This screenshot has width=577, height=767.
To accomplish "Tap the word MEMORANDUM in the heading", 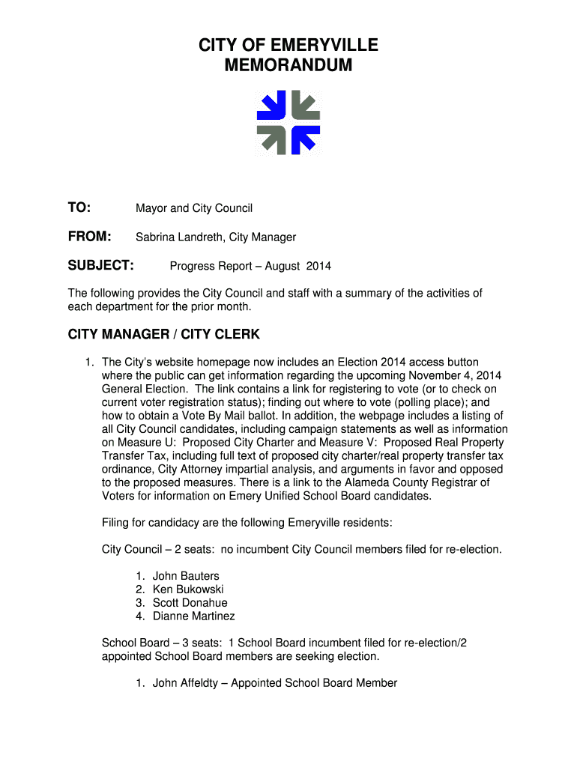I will (288, 66).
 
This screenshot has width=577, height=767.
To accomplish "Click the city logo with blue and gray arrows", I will (288, 123).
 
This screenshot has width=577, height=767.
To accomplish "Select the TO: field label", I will (79, 207).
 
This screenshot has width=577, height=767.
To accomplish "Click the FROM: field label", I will (90, 237).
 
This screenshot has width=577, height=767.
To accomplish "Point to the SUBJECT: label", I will (101, 265).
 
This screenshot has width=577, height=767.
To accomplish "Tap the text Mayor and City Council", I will (193, 208).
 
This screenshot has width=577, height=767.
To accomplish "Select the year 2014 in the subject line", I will (318, 266).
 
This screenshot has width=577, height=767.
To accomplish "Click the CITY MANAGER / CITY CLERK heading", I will (164, 334).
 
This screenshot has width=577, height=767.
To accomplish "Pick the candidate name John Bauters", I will (186, 576).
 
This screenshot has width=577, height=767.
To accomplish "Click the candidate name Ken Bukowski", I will (188, 589).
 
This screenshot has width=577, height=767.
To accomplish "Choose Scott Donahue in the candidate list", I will (190, 603).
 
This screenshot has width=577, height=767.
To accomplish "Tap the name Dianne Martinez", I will (193, 616).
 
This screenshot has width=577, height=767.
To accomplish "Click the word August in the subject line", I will (283, 266).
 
